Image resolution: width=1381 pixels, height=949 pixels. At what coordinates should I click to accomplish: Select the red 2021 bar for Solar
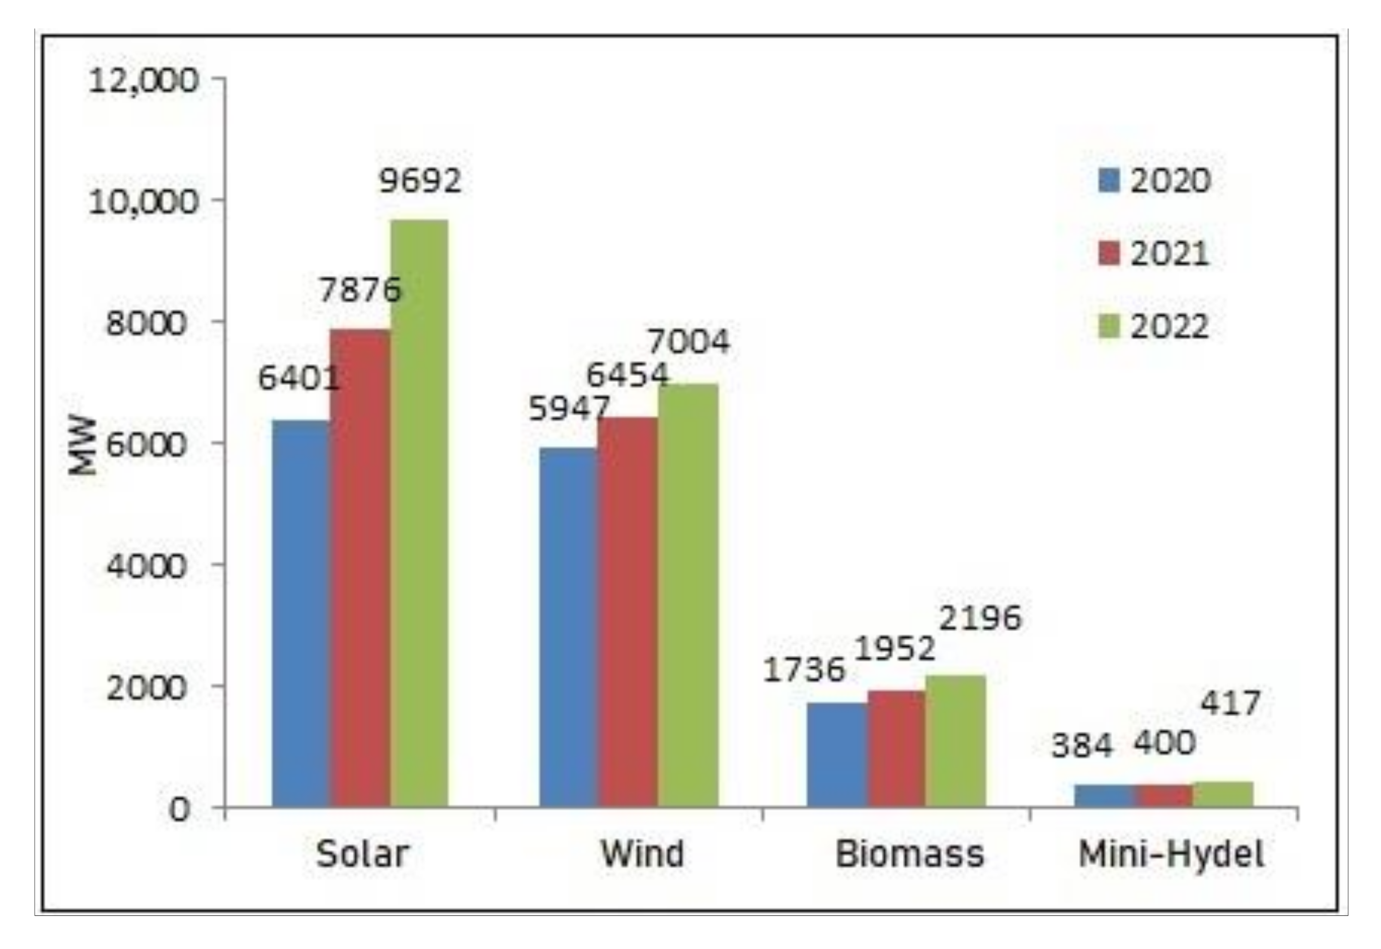click(x=360, y=568)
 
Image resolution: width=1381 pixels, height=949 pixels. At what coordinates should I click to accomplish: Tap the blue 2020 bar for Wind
click(x=568, y=627)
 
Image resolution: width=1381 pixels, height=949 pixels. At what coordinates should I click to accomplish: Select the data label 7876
click(x=360, y=290)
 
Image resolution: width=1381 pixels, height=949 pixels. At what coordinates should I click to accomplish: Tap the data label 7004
click(x=688, y=341)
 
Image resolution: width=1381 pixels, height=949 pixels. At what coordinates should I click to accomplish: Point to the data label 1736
click(x=803, y=670)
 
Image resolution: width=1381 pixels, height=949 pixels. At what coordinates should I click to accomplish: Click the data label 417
click(x=1230, y=703)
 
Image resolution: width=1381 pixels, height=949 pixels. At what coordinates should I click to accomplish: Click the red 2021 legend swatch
click(x=1109, y=253)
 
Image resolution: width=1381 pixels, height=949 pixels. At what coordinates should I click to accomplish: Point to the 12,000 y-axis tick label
click(x=143, y=80)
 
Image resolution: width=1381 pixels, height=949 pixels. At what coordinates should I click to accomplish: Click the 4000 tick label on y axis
click(x=146, y=566)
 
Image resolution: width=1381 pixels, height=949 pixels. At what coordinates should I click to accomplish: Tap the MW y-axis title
click(x=82, y=445)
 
